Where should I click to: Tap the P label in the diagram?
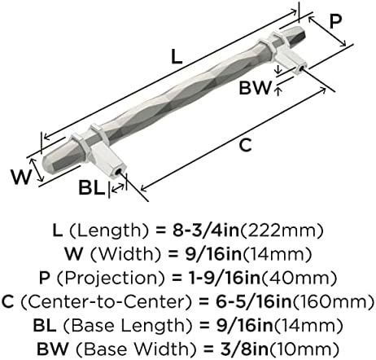[335, 21]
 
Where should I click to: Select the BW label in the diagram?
[255, 88]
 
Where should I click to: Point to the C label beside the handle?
[246, 145]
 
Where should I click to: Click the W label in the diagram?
[21, 177]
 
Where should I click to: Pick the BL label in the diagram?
[91, 188]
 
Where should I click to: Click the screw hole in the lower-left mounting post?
[117, 173]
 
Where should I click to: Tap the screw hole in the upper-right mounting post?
[300, 68]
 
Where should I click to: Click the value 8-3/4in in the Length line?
[206, 230]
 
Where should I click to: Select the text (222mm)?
[282, 231]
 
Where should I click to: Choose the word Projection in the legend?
[111, 279]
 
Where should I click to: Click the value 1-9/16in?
[225, 279]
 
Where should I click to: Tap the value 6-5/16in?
[253, 302]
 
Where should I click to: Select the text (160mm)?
[333, 302]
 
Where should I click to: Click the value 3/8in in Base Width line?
[244, 349]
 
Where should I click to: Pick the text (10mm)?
[304, 349]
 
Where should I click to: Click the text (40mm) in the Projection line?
[299, 279]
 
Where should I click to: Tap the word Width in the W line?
[125, 255]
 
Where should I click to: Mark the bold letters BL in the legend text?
[45, 326]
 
